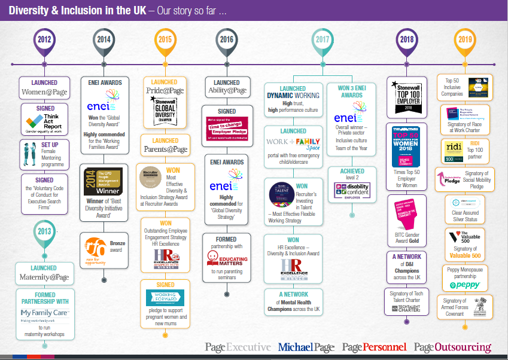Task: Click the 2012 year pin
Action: (44, 39)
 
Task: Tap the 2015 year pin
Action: (165, 39)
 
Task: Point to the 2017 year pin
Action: (323, 39)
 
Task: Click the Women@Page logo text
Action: (44, 93)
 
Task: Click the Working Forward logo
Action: (165, 297)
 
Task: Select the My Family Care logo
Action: (43, 313)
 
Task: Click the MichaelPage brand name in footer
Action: (306, 347)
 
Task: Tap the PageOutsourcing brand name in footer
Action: (453, 347)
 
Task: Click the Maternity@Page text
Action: (44, 277)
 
